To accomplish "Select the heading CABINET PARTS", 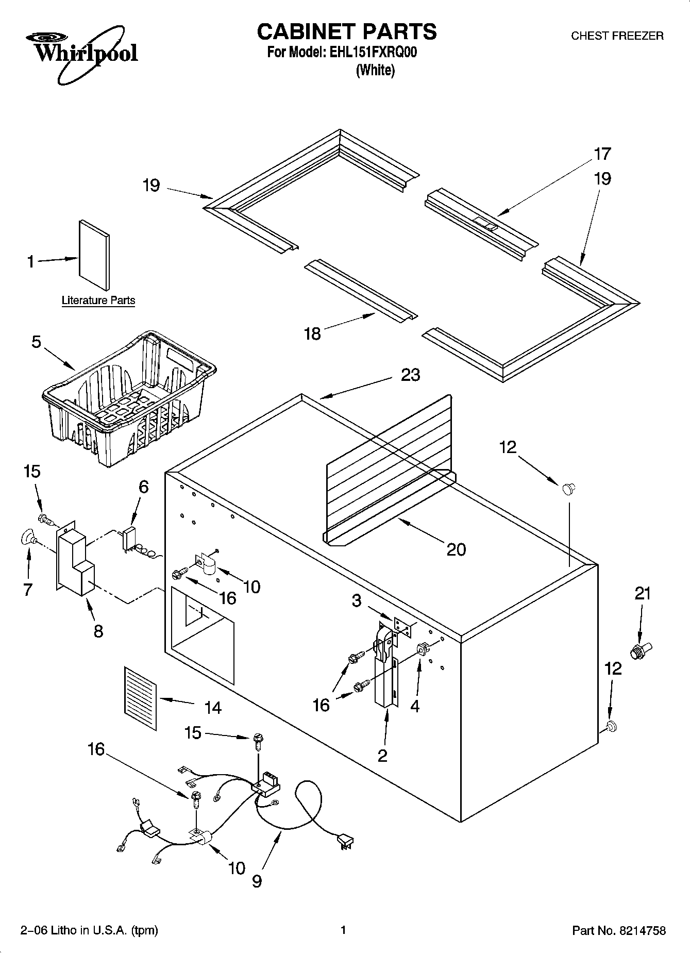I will pyautogui.click(x=346, y=32).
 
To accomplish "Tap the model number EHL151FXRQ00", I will pyautogui.click(x=372, y=53).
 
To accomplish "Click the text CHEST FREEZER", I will pyautogui.click(x=617, y=36).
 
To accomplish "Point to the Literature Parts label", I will pyautogui.click(x=98, y=300).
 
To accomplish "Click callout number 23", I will pyautogui.click(x=410, y=375).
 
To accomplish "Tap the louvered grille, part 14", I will pyautogui.click(x=140, y=698).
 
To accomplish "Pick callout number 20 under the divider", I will pyautogui.click(x=456, y=549).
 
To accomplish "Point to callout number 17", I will pyautogui.click(x=602, y=154).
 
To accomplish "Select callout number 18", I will pyautogui.click(x=312, y=333).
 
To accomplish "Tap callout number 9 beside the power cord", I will pyautogui.click(x=257, y=881).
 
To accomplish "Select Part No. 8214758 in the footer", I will pyautogui.click(x=619, y=930).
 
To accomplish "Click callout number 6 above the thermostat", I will pyautogui.click(x=144, y=487).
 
